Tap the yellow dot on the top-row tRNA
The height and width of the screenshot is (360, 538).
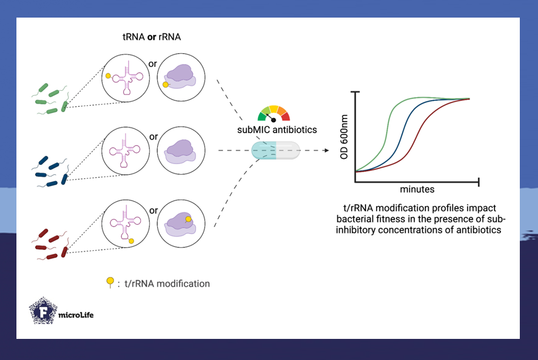tap(109, 76)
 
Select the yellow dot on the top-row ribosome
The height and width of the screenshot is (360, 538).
tap(165, 85)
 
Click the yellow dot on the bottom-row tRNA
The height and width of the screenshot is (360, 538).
tap(131, 241)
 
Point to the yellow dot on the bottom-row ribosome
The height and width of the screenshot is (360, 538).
tap(188, 219)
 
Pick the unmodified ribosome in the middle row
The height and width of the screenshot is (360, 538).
tap(182, 151)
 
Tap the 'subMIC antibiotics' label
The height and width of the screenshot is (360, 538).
tap(274, 130)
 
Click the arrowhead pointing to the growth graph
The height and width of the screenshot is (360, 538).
tap(323, 151)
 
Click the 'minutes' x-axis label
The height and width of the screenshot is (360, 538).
tap(417, 190)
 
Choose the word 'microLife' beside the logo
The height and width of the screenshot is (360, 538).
tap(76, 315)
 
